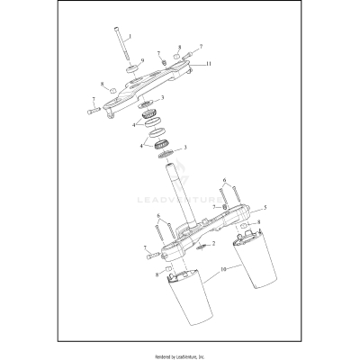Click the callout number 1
130,36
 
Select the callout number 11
209,65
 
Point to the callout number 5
238,208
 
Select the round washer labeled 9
131,68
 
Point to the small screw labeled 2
202,246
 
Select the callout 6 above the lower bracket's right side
224,180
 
